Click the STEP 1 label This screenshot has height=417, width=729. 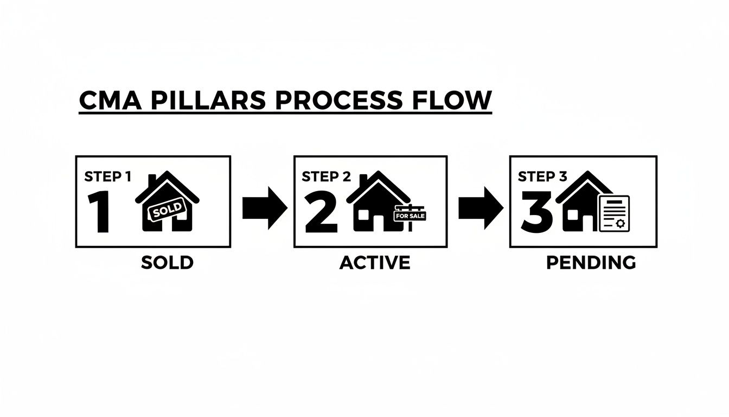coord(107,176)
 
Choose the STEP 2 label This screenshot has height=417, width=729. coord(326,176)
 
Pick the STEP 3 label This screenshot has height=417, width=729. coord(542,176)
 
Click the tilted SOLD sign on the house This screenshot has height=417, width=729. coord(164,211)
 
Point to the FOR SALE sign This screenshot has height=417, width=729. coord(410,216)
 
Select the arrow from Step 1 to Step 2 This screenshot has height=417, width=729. coord(264,208)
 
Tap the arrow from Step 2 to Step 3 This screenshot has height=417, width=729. coord(480,208)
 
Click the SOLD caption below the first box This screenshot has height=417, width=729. coord(167,263)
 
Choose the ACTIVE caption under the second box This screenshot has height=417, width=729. coord(375,263)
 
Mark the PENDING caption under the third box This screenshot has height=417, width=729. coord(591,263)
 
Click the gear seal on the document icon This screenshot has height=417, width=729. coord(621,223)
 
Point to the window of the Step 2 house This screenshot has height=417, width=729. coord(362,215)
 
